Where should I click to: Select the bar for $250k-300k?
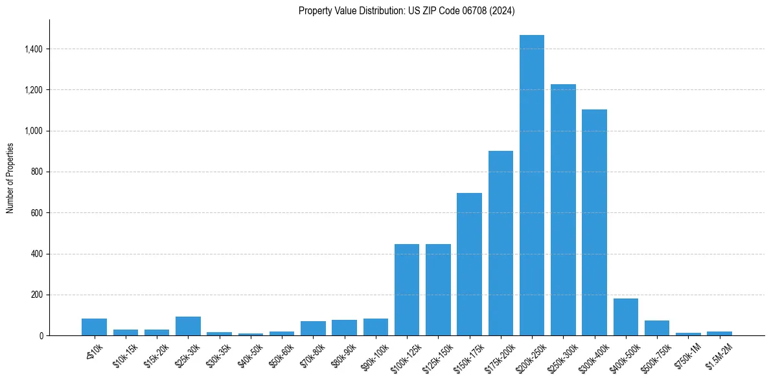[x=563, y=210]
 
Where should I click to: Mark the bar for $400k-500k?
[x=625, y=317]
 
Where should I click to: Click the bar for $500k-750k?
[x=657, y=328]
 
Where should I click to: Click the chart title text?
[x=406, y=11]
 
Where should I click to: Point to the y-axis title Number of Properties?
[x=10, y=177]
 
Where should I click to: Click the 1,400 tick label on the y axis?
[x=34, y=49]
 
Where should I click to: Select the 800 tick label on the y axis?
[x=37, y=172]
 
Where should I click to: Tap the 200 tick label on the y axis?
[x=37, y=295]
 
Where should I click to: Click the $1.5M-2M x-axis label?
[x=718, y=354]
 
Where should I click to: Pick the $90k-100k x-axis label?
[x=374, y=355]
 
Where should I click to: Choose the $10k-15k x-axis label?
[x=125, y=354]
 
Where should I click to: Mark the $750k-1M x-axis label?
[x=687, y=354]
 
